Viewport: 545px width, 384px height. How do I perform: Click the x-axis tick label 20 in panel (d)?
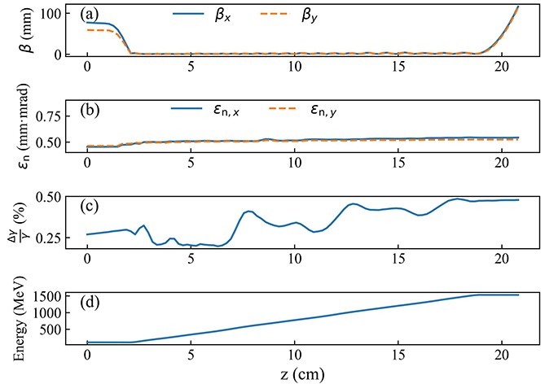[x=501, y=356]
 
